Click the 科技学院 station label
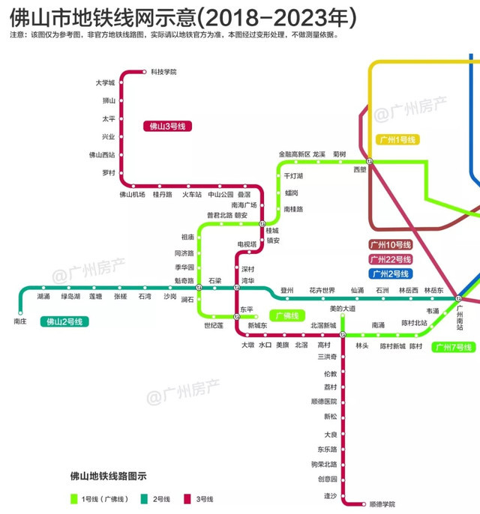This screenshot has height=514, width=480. point(163,72)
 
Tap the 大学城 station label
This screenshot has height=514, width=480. point(105,82)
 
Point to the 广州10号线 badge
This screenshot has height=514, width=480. point(391,245)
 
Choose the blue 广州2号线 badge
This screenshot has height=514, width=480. point(390,273)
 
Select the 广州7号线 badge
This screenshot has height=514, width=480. point(453,348)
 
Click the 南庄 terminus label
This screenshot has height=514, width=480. point(20,321)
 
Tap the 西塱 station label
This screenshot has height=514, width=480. point(360,169)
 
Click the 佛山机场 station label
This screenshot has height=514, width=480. point(132,195)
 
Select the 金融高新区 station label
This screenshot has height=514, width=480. point(294,154)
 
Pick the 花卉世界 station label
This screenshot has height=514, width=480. point(322,290)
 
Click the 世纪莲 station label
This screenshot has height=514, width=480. point(214,326)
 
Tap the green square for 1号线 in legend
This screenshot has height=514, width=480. point(74,499)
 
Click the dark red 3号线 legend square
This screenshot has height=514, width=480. point(188,499)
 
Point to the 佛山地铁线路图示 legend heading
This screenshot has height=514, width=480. point(108,476)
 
